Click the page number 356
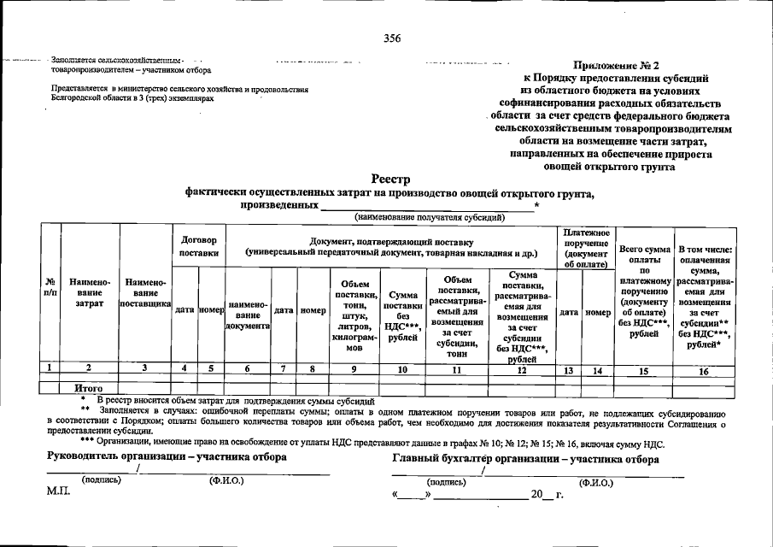click(393, 38)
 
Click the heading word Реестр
click(391, 179)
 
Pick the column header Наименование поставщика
click(146, 293)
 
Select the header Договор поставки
click(198, 246)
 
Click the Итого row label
click(89, 388)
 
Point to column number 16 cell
click(704, 370)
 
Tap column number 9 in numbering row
click(354, 370)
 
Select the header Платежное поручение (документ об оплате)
click(585, 249)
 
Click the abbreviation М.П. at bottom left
click(59, 493)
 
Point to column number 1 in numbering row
click(50, 370)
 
